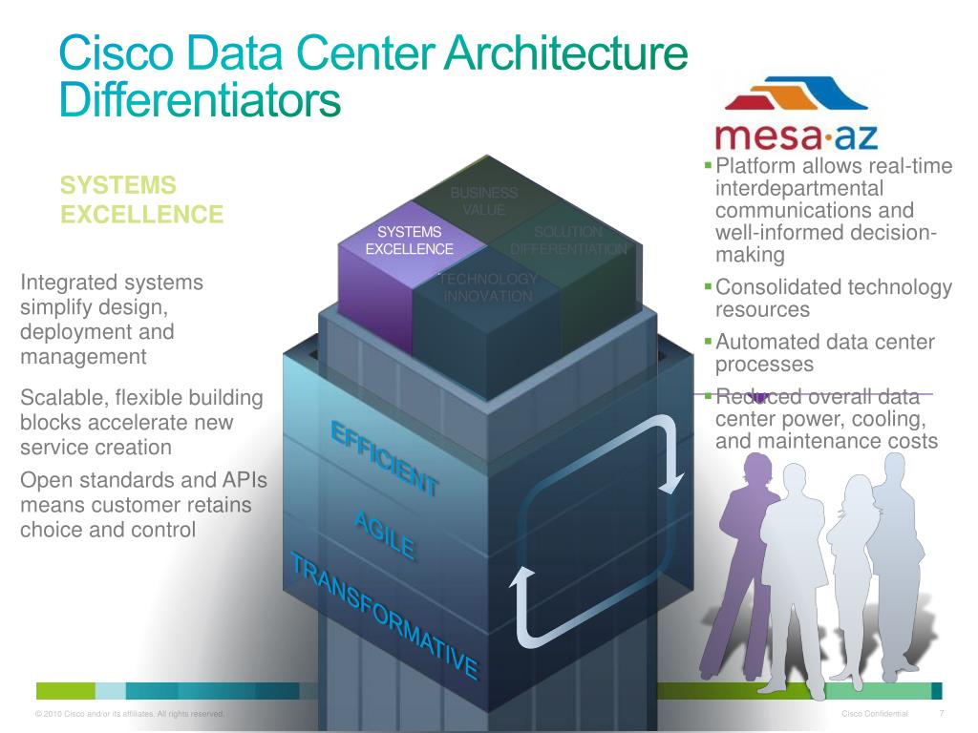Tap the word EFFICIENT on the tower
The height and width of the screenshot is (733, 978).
click(x=384, y=457)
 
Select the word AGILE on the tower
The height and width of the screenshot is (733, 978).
click(x=384, y=534)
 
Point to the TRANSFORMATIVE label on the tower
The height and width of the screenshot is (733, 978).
click(x=384, y=616)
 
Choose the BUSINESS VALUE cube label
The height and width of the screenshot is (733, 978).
click(x=484, y=201)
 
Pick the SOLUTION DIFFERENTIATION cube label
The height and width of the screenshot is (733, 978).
click(x=568, y=241)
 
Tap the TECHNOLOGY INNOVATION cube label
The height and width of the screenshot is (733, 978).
click(x=487, y=287)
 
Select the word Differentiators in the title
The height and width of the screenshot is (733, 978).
click(x=200, y=100)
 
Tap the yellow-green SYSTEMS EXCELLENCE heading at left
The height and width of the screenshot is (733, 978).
click(x=141, y=199)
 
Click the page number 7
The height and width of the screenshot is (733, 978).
click(x=942, y=714)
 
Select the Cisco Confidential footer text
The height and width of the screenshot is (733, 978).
click(x=875, y=715)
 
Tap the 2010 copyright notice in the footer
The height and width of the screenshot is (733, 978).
click(x=129, y=715)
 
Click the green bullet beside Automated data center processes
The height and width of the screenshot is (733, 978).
click(x=708, y=340)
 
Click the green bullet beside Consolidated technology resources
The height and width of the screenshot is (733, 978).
click(x=708, y=285)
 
